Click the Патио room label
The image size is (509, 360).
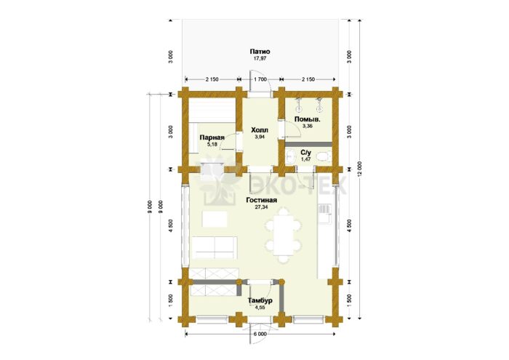[x=260, y=52]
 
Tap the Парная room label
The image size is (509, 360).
[x=212, y=137]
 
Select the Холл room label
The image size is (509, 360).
[x=260, y=130]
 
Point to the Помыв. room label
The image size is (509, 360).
[x=307, y=119]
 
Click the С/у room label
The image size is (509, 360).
[x=306, y=153]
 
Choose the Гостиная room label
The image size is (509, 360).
[x=261, y=200]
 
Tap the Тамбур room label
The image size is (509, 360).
[x=260, y=300]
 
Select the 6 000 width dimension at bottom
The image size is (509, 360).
[x=260, y=334]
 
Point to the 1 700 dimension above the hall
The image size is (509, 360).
[x=260, y=79]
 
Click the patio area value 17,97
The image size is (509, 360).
[x=260, y=58]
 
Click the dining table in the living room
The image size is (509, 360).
[x=284, y=236]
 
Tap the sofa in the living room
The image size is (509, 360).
[x=215, y=247]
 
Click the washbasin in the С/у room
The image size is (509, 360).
[x=291, y=157]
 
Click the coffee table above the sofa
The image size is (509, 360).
[x=215, y=219]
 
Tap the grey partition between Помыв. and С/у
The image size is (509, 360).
[x=308, y=144]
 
